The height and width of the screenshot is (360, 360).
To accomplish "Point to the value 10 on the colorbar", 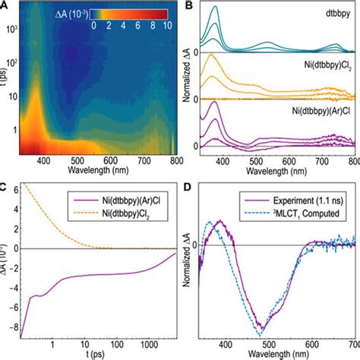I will coord(166,24).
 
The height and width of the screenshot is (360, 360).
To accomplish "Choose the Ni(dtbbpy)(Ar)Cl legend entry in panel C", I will coord(131,201).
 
